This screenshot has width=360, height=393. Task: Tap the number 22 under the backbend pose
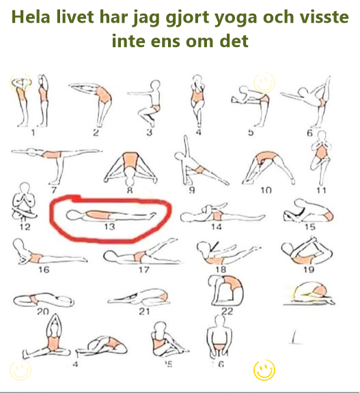[x=227, y=310]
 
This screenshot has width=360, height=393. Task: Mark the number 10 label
[x=265, y=190]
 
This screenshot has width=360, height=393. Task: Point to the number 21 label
[x=145, y=311]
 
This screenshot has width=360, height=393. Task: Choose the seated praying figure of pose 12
[x=24, y=201]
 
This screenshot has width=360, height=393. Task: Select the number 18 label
[x=220, y=270]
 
